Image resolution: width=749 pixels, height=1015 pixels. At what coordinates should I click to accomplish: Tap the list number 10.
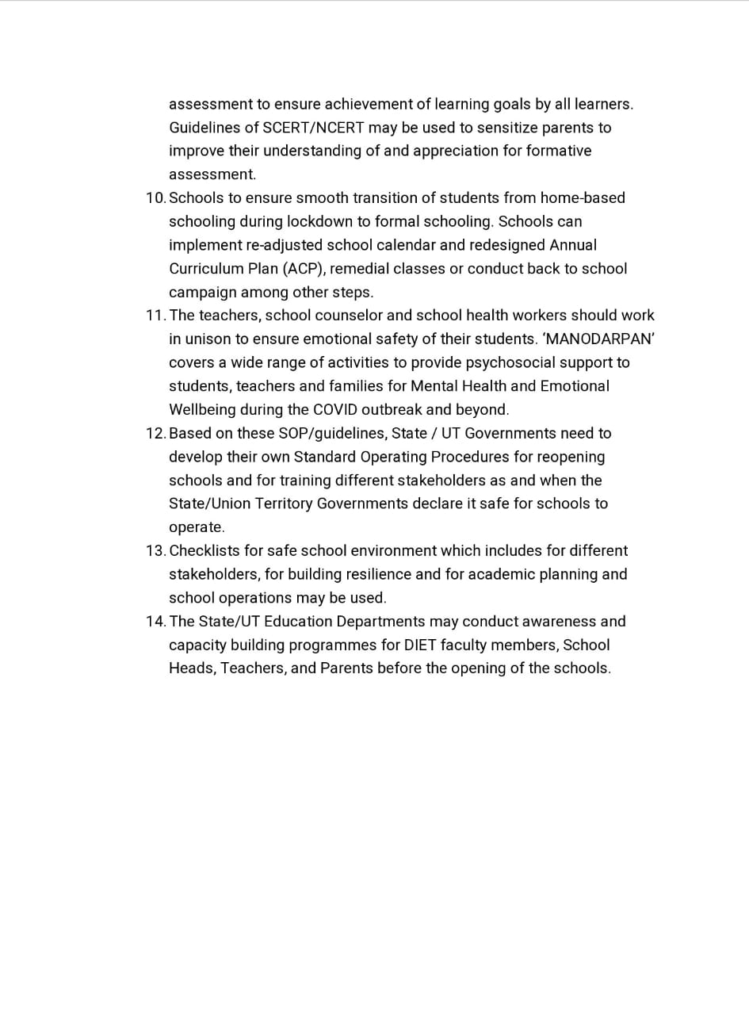point(155,198)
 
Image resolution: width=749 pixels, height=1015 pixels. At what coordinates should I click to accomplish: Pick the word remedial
point(359,269)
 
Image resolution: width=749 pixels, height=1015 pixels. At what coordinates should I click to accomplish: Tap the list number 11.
point(155,316)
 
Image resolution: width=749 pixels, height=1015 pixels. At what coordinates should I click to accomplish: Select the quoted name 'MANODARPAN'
point(598,339)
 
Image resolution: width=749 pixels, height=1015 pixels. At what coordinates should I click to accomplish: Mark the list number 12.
point(155,434)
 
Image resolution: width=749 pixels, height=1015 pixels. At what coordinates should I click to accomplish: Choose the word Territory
point(283,504)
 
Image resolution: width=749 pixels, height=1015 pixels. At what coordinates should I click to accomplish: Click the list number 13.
point(155,551)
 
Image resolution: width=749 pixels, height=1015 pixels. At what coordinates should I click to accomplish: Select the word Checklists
point(204,551)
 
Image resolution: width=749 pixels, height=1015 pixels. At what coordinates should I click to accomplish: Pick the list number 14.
point(155,622)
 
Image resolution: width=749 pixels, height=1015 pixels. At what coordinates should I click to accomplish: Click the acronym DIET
point(420,645)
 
